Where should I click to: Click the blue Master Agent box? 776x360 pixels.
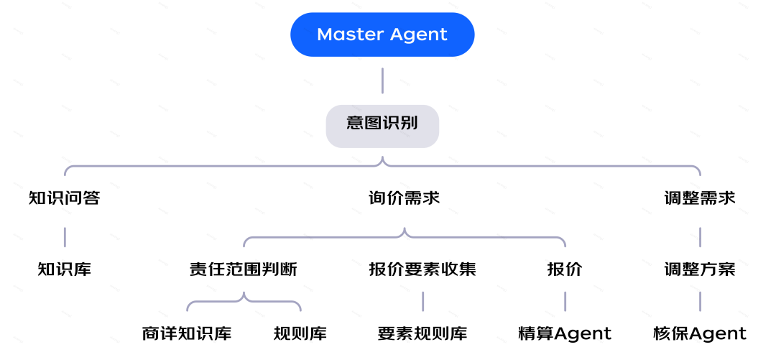(x=382, y=34)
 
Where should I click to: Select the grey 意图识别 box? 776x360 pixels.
(x=382, y=123)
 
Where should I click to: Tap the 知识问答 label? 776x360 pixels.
(x=65, y=198)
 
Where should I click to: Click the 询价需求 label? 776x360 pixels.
(x=404, y=198)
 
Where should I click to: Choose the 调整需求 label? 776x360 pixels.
(x=700, y=198)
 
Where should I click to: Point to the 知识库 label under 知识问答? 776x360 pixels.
(x=65, y=269)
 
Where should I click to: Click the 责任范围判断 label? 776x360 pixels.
(x=243, y=269)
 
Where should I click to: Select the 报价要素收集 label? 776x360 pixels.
(x=422, y=269)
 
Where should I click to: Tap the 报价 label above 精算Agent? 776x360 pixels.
(x=565, y=269)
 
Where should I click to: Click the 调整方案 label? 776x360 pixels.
(x=700, y=269)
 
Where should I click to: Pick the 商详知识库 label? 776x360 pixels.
(x=187, y=334)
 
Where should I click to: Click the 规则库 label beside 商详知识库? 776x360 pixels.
(x=300, y=334)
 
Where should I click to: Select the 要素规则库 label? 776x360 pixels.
(x=422, y=334)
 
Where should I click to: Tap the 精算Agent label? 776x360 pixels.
(x=565, y=334)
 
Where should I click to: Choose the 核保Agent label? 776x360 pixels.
(x=700, y=334)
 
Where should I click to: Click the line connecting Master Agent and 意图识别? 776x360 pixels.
(x=382, y=80)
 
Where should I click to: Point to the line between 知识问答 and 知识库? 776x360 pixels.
(x=65, y=236)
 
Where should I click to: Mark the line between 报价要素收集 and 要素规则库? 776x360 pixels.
(x=422, y=301)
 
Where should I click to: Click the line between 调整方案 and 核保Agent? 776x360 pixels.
(x=700, y=301)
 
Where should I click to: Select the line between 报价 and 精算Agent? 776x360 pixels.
(x=565, y=301)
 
